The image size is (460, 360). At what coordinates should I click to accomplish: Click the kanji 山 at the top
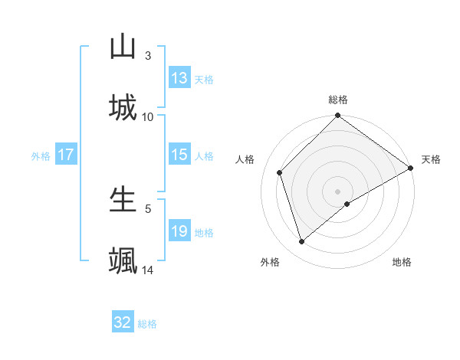123,47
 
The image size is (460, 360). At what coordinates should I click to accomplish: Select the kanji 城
123,107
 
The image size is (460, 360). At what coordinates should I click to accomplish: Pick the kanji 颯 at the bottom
123,260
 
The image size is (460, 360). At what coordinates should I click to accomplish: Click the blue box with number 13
179,78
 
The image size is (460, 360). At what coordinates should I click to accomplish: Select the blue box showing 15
179,155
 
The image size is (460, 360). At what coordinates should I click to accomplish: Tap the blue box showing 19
179,231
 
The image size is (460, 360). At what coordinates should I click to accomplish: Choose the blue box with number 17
66,155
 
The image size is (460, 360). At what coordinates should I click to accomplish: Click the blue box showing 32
123,322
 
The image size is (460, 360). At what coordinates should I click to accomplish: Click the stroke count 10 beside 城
148,116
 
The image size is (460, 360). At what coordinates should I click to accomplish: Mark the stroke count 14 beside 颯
148,270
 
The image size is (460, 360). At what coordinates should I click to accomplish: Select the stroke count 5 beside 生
148,208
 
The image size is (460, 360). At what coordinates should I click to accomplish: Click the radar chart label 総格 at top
338,100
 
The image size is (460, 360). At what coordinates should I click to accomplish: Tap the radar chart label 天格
431,159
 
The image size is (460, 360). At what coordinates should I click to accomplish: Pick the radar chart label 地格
402,262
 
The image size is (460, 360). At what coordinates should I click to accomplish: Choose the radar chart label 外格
270,262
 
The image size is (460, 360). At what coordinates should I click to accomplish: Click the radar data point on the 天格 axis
411,168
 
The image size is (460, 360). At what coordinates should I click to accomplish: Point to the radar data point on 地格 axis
347,204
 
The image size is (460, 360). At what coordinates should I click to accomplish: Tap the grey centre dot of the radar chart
338,191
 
